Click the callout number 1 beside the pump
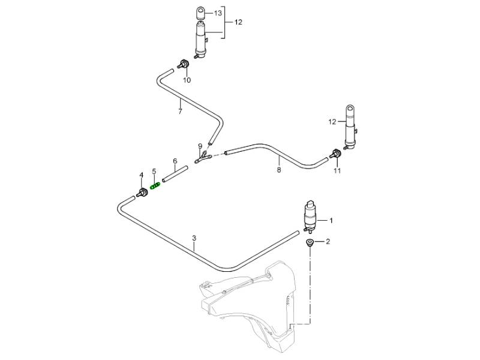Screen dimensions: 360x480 pos(331,220)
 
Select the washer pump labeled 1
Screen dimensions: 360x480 pos(311,217)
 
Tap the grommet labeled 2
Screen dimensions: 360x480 pos(310,242)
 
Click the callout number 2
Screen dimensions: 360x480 pos(328,242)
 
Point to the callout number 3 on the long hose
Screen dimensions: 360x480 pos(194,238)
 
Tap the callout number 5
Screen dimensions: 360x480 pos(154,171)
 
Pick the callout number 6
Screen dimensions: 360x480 pos(175,161)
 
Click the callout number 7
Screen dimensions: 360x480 pos(180,111)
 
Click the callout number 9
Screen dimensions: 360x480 pos(200,146)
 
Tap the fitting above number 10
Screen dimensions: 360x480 pos(184,64)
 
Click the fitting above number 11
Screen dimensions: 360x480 pos(336,154)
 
